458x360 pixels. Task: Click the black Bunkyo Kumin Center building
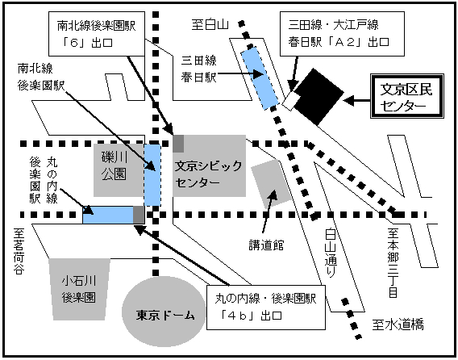coord(319,97)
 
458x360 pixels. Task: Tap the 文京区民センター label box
coord(407,96)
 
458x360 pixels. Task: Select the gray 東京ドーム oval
coord(164,312)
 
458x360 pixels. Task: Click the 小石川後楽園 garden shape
coord(79,289)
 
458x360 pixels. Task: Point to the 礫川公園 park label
coord(114,165)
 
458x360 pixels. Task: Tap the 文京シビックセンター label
coord(209,174)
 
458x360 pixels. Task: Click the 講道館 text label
coord(266,245)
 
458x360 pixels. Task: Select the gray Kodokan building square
coord(272,183)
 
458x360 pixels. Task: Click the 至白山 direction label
coord(210,24)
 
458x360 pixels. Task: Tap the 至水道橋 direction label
coord(398,324)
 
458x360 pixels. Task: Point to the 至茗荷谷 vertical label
coord(19,251)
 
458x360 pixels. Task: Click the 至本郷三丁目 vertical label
coord(393,262)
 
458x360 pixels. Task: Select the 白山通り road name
coord(331,253)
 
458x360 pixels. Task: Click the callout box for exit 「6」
coord(97,34)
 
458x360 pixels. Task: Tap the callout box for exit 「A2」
coord(342,34)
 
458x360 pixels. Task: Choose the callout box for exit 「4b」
coord(266,308)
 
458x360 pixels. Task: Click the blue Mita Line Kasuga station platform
coord(259,78)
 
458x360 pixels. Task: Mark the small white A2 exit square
coord(291,101)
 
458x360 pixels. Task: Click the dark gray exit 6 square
coord(178,144)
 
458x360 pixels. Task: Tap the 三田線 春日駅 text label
coord(198,69)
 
